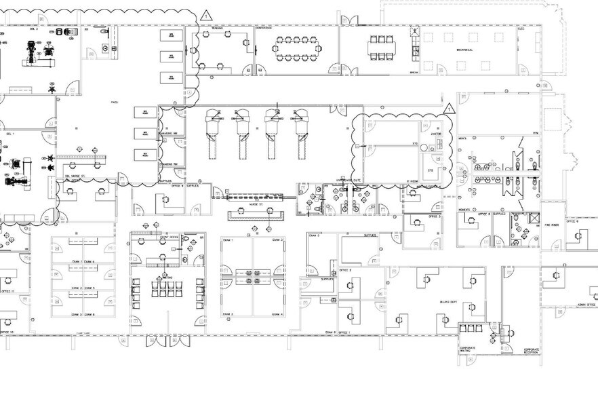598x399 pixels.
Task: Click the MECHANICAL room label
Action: (x=464, y=50)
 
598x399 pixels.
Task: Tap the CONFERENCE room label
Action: (x=264, y=28)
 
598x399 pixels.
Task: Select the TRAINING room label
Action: (x=218, y=28)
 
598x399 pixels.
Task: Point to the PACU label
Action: (x=115, y=102)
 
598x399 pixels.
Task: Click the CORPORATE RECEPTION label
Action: (x=531, y=351)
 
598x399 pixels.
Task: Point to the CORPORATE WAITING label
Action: (x=466, y=349)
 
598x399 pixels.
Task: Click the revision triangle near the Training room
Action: (x=207, y=14)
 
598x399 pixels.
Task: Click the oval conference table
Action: (x=296, y=48)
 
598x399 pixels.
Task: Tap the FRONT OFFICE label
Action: (x=169, y=237)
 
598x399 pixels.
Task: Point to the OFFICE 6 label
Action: (x=572, y=221)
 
